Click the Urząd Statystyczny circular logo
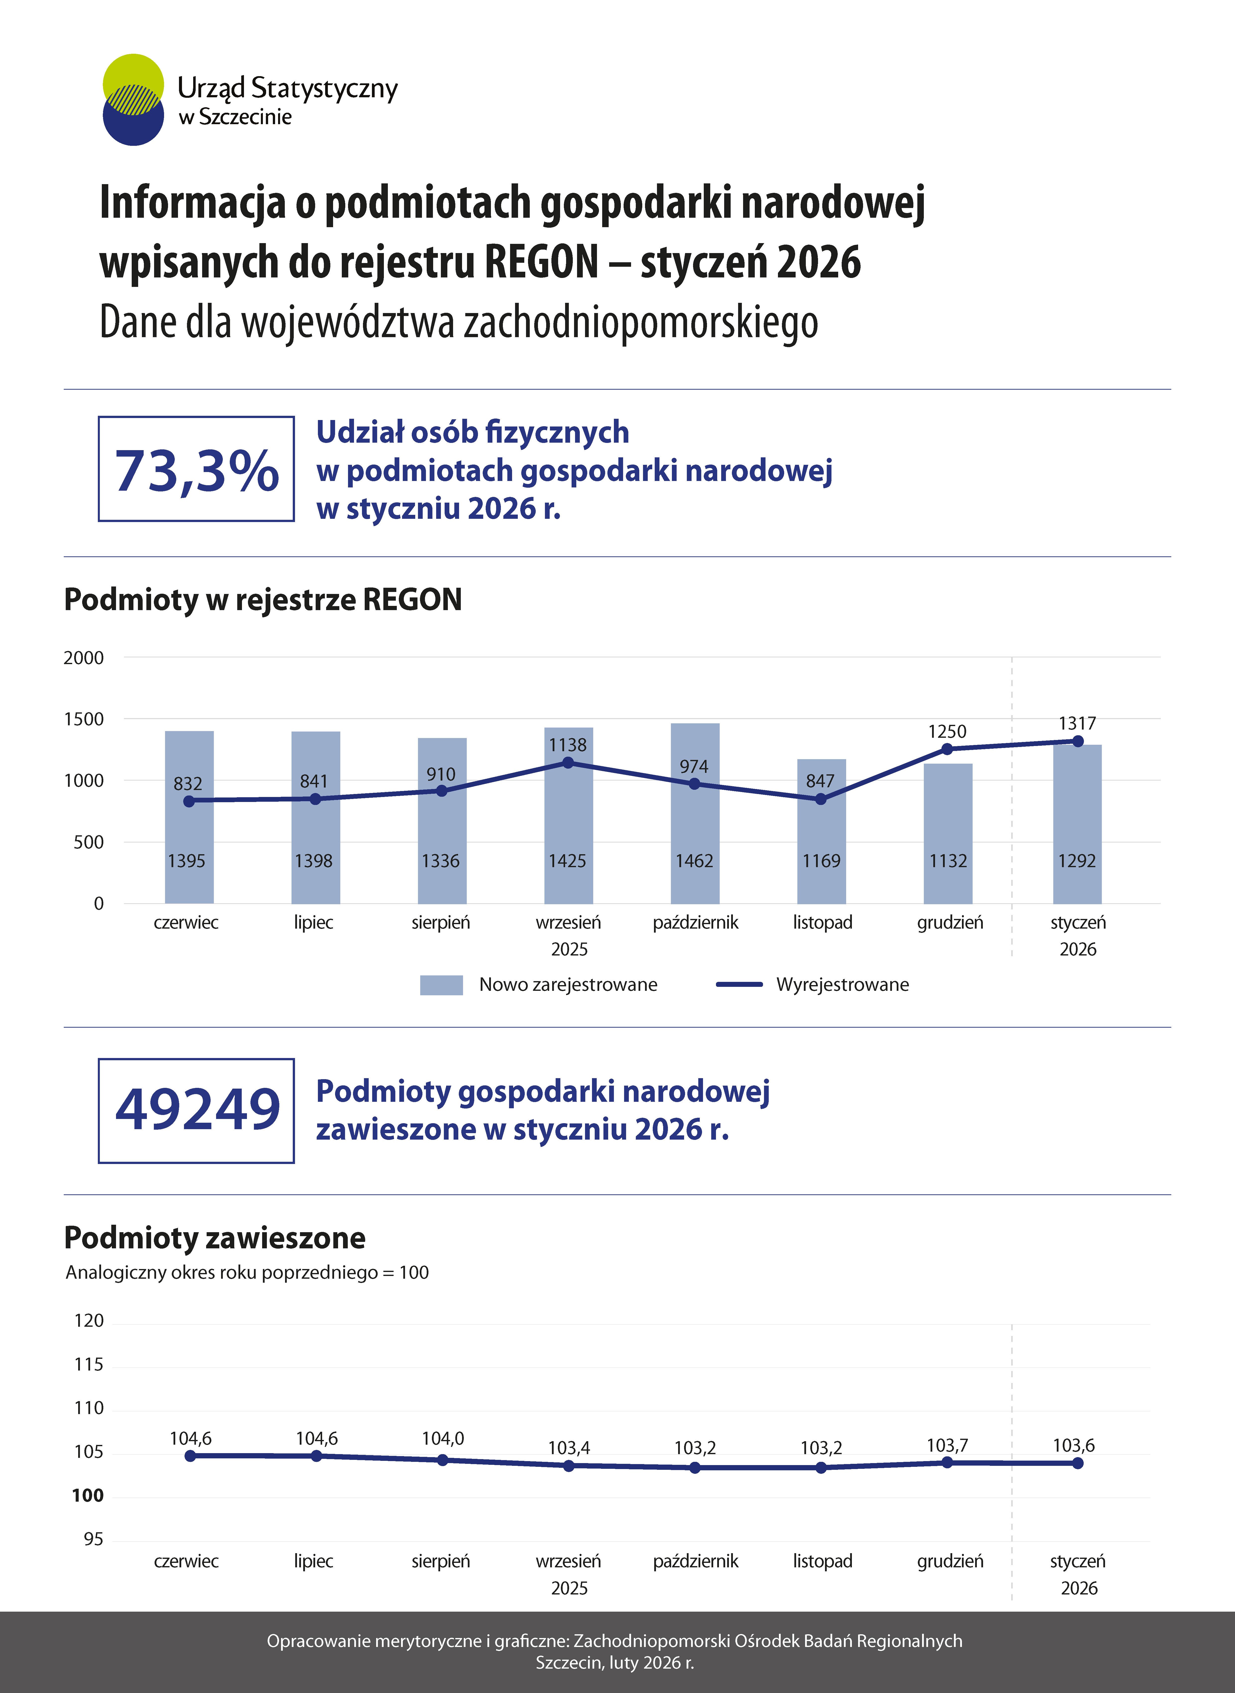133,99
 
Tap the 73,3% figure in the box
197,471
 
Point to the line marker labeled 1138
568,763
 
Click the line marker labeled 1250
947,749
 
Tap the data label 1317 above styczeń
1077,723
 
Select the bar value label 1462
695,861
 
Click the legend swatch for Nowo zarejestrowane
441,985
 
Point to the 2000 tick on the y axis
84,657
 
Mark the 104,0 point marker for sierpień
443,1460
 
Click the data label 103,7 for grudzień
947,1446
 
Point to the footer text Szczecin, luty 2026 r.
614,1662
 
